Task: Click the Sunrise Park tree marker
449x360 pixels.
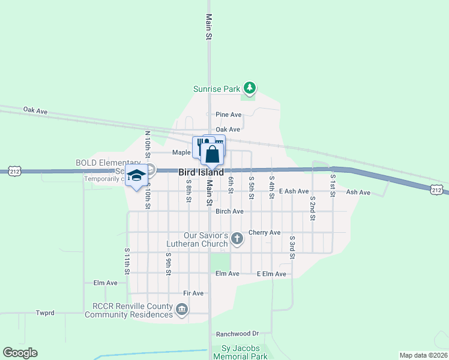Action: [249, 89]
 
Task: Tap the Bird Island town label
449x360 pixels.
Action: [201, 172]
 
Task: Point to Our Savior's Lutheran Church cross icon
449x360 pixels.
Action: [237, 239]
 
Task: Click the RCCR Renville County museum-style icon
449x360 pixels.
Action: [181, 310]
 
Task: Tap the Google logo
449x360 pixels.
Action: [20, 353]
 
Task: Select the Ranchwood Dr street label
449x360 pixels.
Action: [237, 334]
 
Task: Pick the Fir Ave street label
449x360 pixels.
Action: [194, 293]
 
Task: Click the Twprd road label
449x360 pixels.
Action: [45, 313]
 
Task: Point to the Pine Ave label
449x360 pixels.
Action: [228, 115]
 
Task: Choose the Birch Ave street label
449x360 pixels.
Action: [229, 211]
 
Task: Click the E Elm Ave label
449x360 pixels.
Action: [271, 274]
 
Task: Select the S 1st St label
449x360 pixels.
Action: [332, 180]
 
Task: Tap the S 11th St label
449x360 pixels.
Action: [127, 261]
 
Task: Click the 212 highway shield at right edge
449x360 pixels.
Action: [436, 190]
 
